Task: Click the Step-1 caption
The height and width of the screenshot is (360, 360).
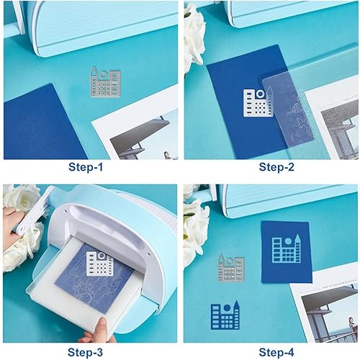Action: pyautogui.click(x=86, y=167)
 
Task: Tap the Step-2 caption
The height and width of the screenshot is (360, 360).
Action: pyautogui.click(x=276, y=167)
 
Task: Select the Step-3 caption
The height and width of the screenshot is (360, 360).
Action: pyautogui.click(x=85, y=352)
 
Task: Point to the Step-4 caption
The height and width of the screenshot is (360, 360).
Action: pyautogui.click(x=276, y=352)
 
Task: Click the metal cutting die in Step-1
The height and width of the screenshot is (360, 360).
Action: pyautogui.click(x=106, y=82)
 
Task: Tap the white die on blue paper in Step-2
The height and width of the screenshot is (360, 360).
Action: pyautogui.click(x=258, y=102)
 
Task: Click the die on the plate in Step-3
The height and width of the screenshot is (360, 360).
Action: pyautogui.click(x=99, y=264)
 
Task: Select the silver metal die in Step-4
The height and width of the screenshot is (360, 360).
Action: pyautogui.click(x=231, y=268)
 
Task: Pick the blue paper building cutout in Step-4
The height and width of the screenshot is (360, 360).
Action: pyautogui.click(x=225, y=315)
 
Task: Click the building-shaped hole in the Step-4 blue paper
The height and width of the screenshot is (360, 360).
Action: pyautogui.click(x=287, y=248)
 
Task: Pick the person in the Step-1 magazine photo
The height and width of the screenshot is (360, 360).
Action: pyautogui.click(x=167, y=156)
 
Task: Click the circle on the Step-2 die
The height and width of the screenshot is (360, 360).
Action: pyautogui.click(x=260, y=94)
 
